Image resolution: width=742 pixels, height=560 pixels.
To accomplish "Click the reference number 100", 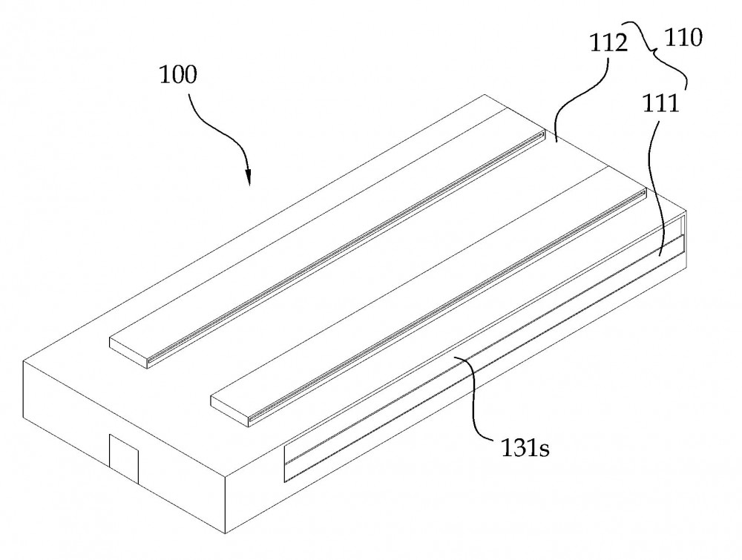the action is click(177, 75).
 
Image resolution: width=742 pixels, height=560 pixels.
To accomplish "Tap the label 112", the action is click(608, 44).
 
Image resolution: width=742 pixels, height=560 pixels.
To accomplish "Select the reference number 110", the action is click(683, 37).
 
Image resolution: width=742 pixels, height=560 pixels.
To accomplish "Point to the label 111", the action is click(660, 103).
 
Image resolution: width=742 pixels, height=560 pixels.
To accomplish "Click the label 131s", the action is click(525, 447).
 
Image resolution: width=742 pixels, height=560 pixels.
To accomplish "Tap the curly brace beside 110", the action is click(657, 52).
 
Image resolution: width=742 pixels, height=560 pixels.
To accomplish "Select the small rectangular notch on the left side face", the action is click(124, 458).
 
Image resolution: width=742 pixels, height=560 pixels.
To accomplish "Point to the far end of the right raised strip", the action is click(644, 191).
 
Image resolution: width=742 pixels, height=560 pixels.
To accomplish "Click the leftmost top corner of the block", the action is click(23, 362).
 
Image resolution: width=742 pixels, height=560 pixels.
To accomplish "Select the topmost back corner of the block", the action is click(484, 95).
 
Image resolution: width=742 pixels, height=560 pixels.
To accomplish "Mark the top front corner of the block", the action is click(224, 475).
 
